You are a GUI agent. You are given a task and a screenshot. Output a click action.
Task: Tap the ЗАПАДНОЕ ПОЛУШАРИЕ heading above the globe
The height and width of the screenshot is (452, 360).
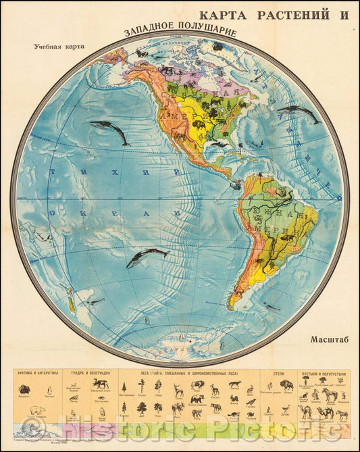180,31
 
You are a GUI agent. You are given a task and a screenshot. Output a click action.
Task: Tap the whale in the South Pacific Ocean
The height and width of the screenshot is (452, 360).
147,255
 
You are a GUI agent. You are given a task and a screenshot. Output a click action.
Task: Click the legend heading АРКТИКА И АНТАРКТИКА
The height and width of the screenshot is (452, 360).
38,373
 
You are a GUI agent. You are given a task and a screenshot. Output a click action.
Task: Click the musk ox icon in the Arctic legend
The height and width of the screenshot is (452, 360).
24,389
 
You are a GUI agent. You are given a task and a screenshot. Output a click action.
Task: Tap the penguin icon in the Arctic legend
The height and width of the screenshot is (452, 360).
48,390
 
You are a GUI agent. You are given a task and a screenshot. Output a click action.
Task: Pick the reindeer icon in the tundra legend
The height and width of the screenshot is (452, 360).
101,384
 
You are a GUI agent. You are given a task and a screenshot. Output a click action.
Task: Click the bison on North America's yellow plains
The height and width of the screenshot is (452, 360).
200,124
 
